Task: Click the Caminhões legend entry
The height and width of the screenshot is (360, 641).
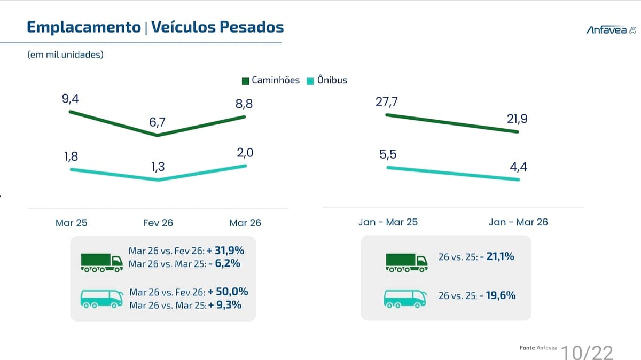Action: [271, 81]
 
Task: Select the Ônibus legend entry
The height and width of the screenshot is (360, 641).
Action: [327, 81]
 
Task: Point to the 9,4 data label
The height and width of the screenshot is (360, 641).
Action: [71, 99]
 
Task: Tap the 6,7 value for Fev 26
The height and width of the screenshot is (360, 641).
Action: [158, 123]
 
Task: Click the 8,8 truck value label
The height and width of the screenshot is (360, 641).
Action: [244, 104]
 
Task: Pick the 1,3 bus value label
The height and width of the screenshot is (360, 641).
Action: [158, 167]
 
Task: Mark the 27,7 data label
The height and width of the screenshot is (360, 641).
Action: [387, 101]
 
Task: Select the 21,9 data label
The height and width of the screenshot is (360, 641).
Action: [517, 119]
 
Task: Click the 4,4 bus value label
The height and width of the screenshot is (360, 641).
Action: [519, 167]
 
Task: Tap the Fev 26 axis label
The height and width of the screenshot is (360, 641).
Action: [158, 223]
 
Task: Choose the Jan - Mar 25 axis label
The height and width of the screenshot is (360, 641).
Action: [388, 222]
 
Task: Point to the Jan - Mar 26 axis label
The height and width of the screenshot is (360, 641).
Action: [518, 222]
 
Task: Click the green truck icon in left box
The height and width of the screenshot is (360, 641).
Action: [101, 261]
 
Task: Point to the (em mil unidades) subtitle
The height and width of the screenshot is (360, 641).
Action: [65, 54]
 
